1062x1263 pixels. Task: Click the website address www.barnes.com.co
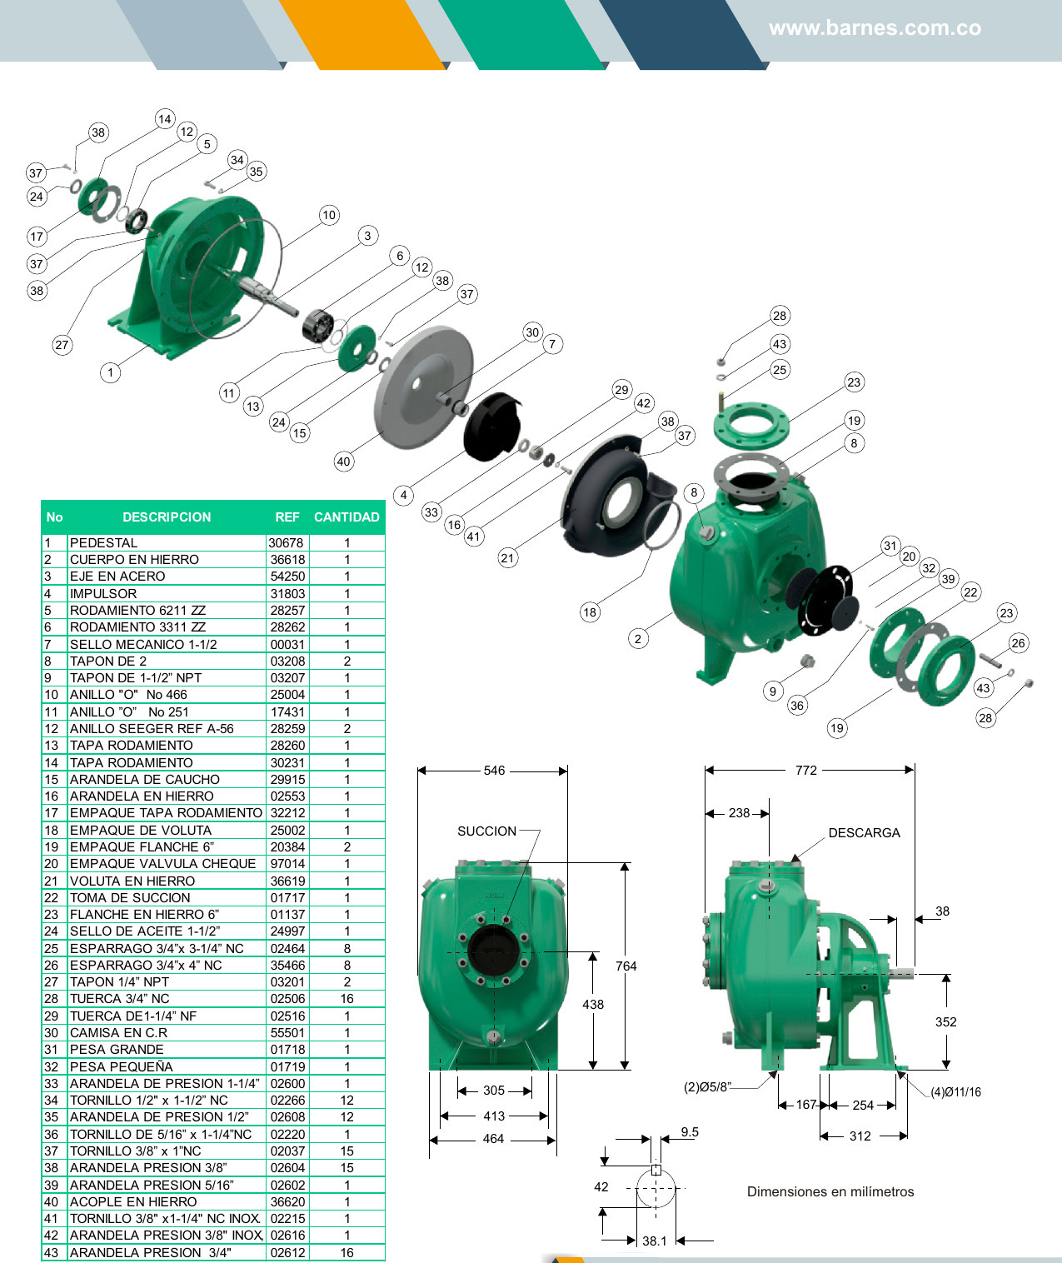tap(875, 28)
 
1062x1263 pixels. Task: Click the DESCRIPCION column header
tap(167, 517)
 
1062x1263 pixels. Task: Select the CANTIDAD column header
tap(347, 517)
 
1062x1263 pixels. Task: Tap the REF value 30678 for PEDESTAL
tap(286, 543)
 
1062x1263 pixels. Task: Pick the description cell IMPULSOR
tap(103, 594)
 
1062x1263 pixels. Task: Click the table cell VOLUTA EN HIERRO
tap(132, 881)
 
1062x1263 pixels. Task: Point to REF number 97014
tap(287, 864)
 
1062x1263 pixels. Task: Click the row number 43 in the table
tap(52, 1253)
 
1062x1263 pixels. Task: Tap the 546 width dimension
tap(494, 771)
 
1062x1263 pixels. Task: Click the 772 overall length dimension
tap(806, 771)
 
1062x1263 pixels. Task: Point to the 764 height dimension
tap(626, 966)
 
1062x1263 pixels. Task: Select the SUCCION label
tap(486, 831)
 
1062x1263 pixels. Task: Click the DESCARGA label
tap(864, 833)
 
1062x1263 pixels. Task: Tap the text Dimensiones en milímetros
tap(830, 1192)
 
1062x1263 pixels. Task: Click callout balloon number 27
tap(62, 345)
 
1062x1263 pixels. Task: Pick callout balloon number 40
tap(344, 462)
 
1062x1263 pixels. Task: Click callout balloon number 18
tap(590, 612)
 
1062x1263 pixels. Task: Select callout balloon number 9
tap(773, 691)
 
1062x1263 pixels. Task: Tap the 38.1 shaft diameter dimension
tap(655, 1241)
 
